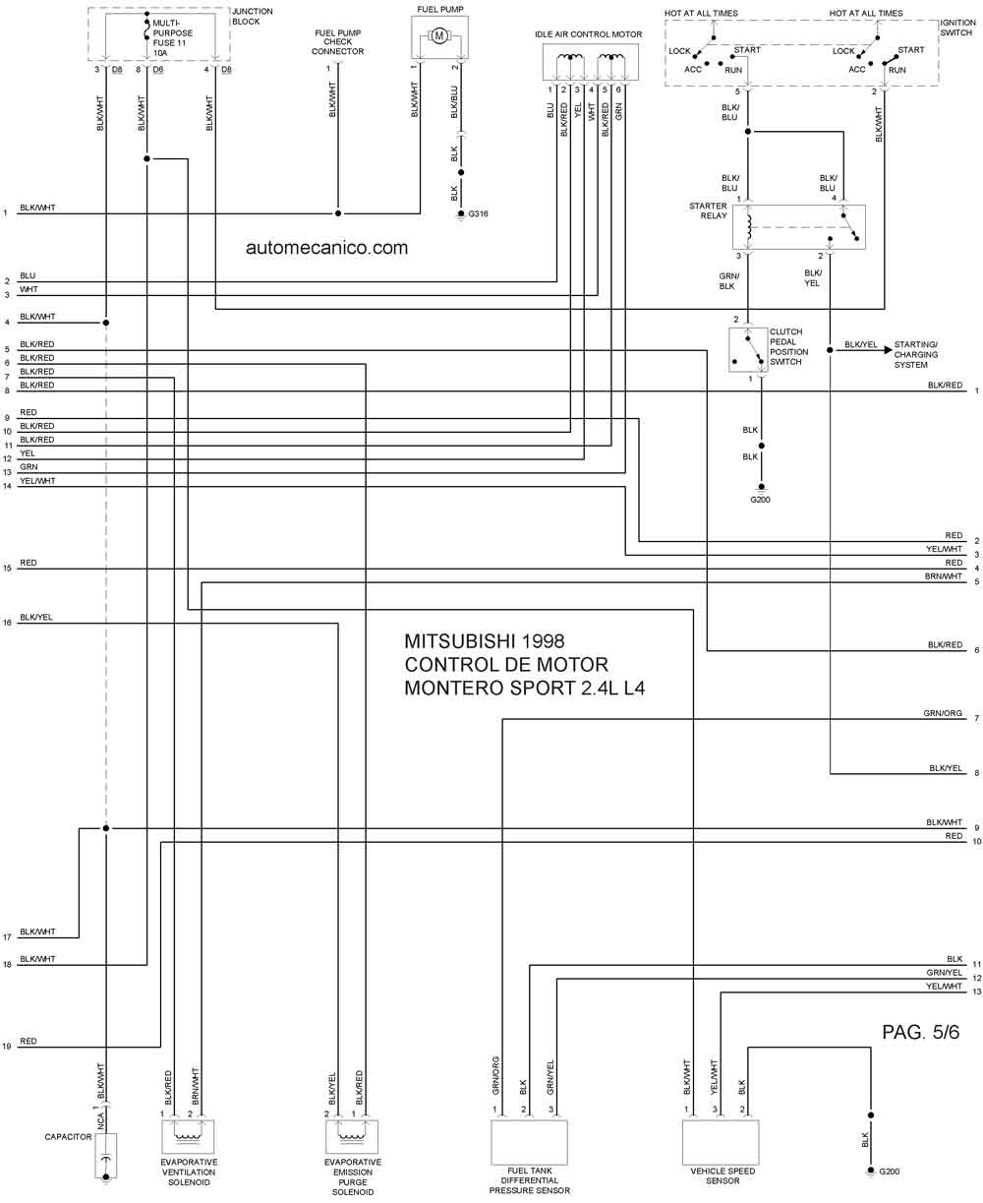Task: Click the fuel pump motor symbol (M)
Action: point(438,36)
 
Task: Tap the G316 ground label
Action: point(478,213)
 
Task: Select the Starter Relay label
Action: point(708,211)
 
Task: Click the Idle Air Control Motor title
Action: point(588,34)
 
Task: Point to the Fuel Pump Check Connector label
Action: point(337,42)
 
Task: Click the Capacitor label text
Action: point(68,1137)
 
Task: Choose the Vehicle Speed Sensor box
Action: point(721,1142)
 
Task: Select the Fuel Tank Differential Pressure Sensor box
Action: point(529,1142)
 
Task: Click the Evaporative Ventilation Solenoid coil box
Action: point(188,1136)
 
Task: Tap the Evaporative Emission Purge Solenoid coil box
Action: point(352,1136)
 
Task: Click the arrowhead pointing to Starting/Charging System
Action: point(888,349)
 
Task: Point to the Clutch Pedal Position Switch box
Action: point(748,349)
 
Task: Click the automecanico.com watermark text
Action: point(326,248)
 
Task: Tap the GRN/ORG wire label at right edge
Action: point(943,713)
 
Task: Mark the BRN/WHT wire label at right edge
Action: point(943,576)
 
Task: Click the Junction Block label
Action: point(252,17)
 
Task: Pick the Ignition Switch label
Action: point(957,28)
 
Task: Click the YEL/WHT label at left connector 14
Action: point(37,481)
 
